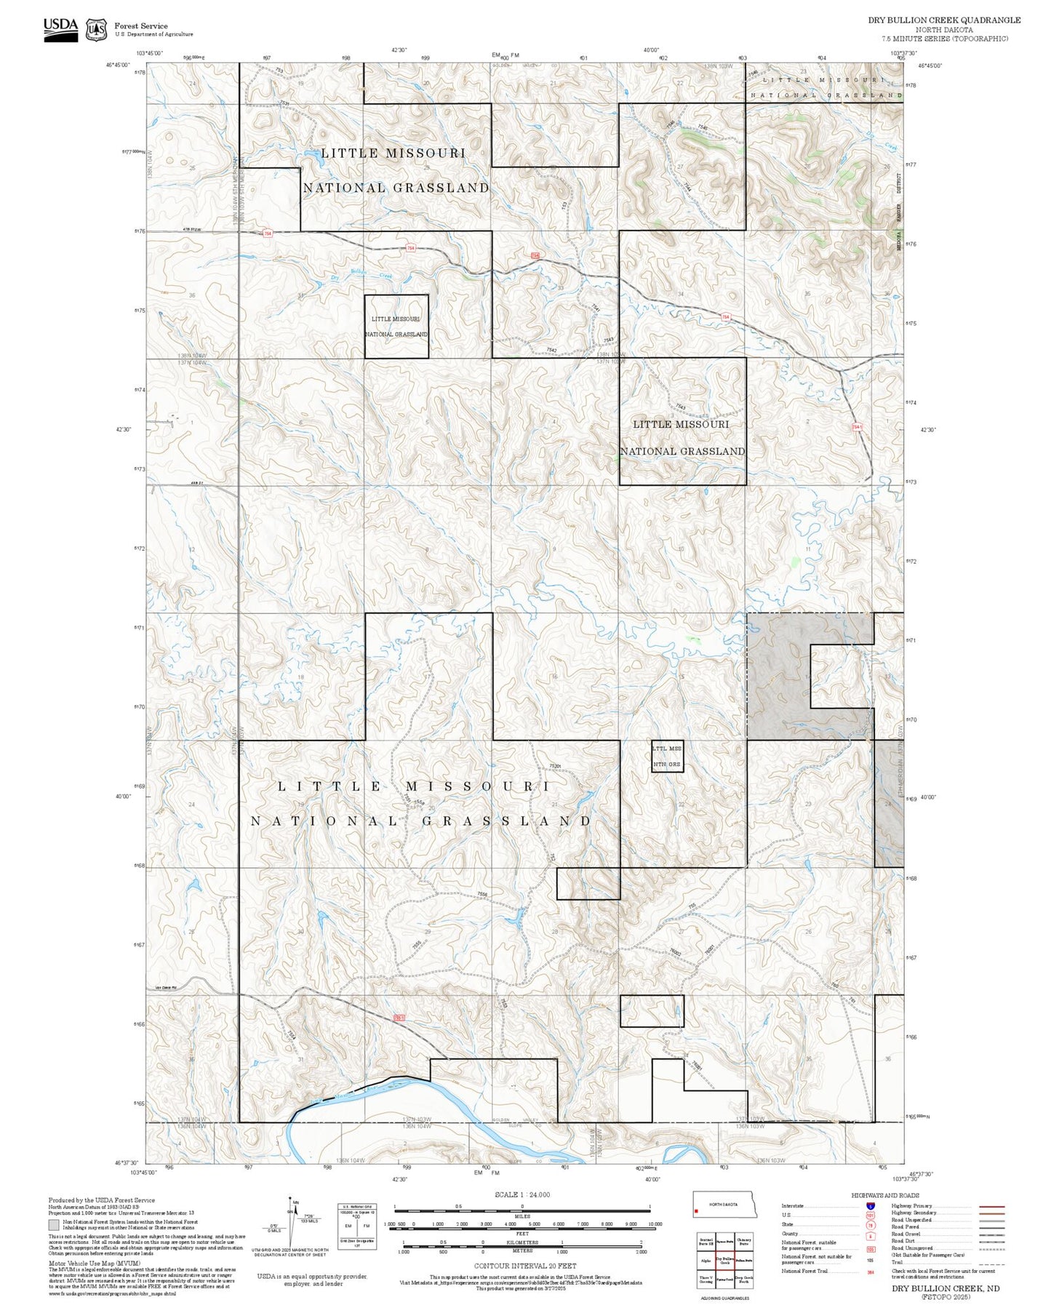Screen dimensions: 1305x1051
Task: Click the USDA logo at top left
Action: coord(60,28)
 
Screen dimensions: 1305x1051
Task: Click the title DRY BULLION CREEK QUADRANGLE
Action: coord(943,20)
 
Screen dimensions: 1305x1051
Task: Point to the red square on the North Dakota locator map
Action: coord(697,1211)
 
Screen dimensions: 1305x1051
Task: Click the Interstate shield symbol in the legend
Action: coord(870,1206)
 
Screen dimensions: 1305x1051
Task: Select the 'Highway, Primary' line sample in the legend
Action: coord(992,1206)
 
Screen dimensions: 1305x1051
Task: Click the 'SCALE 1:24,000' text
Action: coord(521,1194)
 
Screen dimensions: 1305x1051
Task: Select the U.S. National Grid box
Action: coord(357,1226)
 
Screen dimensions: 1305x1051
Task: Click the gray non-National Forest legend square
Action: coord(54,1225)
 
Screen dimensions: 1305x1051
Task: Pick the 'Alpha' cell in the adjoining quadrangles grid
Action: coord(706,1260)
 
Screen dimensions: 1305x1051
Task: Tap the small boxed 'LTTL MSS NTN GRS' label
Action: coord(667,756)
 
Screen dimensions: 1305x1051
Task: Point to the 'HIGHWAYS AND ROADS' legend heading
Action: coord(884,1195)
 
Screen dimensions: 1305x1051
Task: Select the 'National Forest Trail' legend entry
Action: coord(804,1271)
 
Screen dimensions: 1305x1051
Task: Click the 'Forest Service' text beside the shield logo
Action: coord(140,25)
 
